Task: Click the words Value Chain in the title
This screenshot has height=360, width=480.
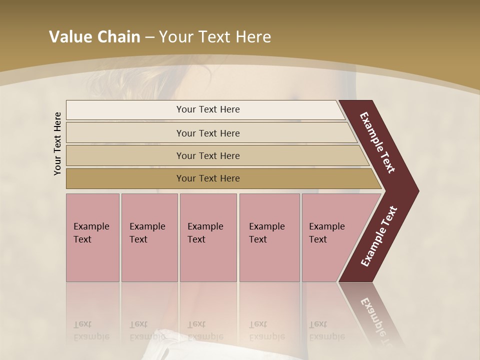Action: tap(94, 37)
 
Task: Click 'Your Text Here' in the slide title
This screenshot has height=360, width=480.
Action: tap(215, 37)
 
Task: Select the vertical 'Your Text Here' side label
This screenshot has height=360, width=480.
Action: tap(57, 143)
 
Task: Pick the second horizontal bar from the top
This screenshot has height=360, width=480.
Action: tap(208, 133)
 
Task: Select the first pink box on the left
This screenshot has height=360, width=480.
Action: tap(92, 237)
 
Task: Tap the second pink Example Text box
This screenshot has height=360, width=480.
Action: tap(149, 237)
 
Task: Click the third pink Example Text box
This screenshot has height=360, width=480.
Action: tap(208, 237)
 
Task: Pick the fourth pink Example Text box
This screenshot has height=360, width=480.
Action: tap(269, 237)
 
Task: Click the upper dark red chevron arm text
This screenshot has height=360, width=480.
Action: tap(377, 142)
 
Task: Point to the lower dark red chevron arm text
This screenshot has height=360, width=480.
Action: tap(378, 236)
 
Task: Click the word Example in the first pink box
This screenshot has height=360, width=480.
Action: tap(91, 226)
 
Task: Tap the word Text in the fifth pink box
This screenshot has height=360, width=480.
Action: tap(318, 239)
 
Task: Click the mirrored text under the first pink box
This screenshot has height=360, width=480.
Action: tap(90, 331)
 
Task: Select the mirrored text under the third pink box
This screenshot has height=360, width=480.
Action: tap(205, 331)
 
